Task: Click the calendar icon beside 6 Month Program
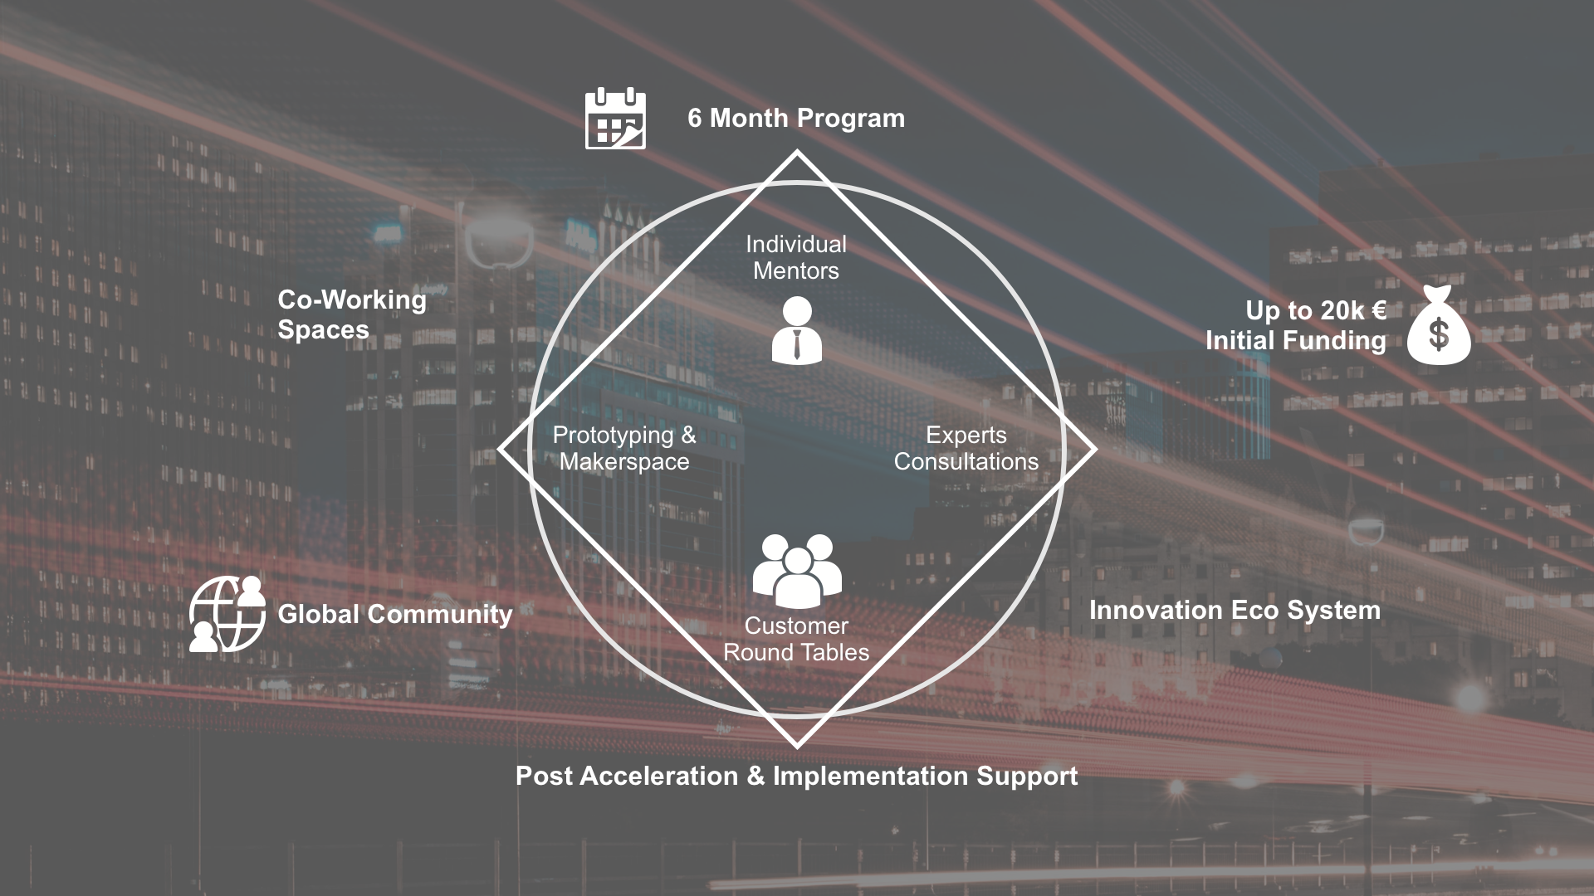click(615, 118)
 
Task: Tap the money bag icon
click(1439, 325)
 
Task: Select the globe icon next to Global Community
click(227, 614)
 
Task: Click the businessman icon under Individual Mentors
click(797, 330)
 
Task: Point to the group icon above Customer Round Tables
click(797, 571)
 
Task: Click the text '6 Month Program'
click(796, 118)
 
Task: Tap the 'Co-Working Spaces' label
click(352, 314)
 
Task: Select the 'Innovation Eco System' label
click(1235, 611)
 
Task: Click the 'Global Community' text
click(395, 614)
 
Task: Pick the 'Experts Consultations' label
click(966, 448)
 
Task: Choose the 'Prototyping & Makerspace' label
click(624, 448)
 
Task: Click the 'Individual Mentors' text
click(796, 257)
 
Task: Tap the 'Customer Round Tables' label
click(796, 639)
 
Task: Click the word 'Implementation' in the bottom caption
click(870, 776)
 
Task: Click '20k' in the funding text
click(1342, 310)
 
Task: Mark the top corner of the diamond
click(797, 151)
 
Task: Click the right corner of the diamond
click(1096, 449)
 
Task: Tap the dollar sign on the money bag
click(1439, 334)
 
